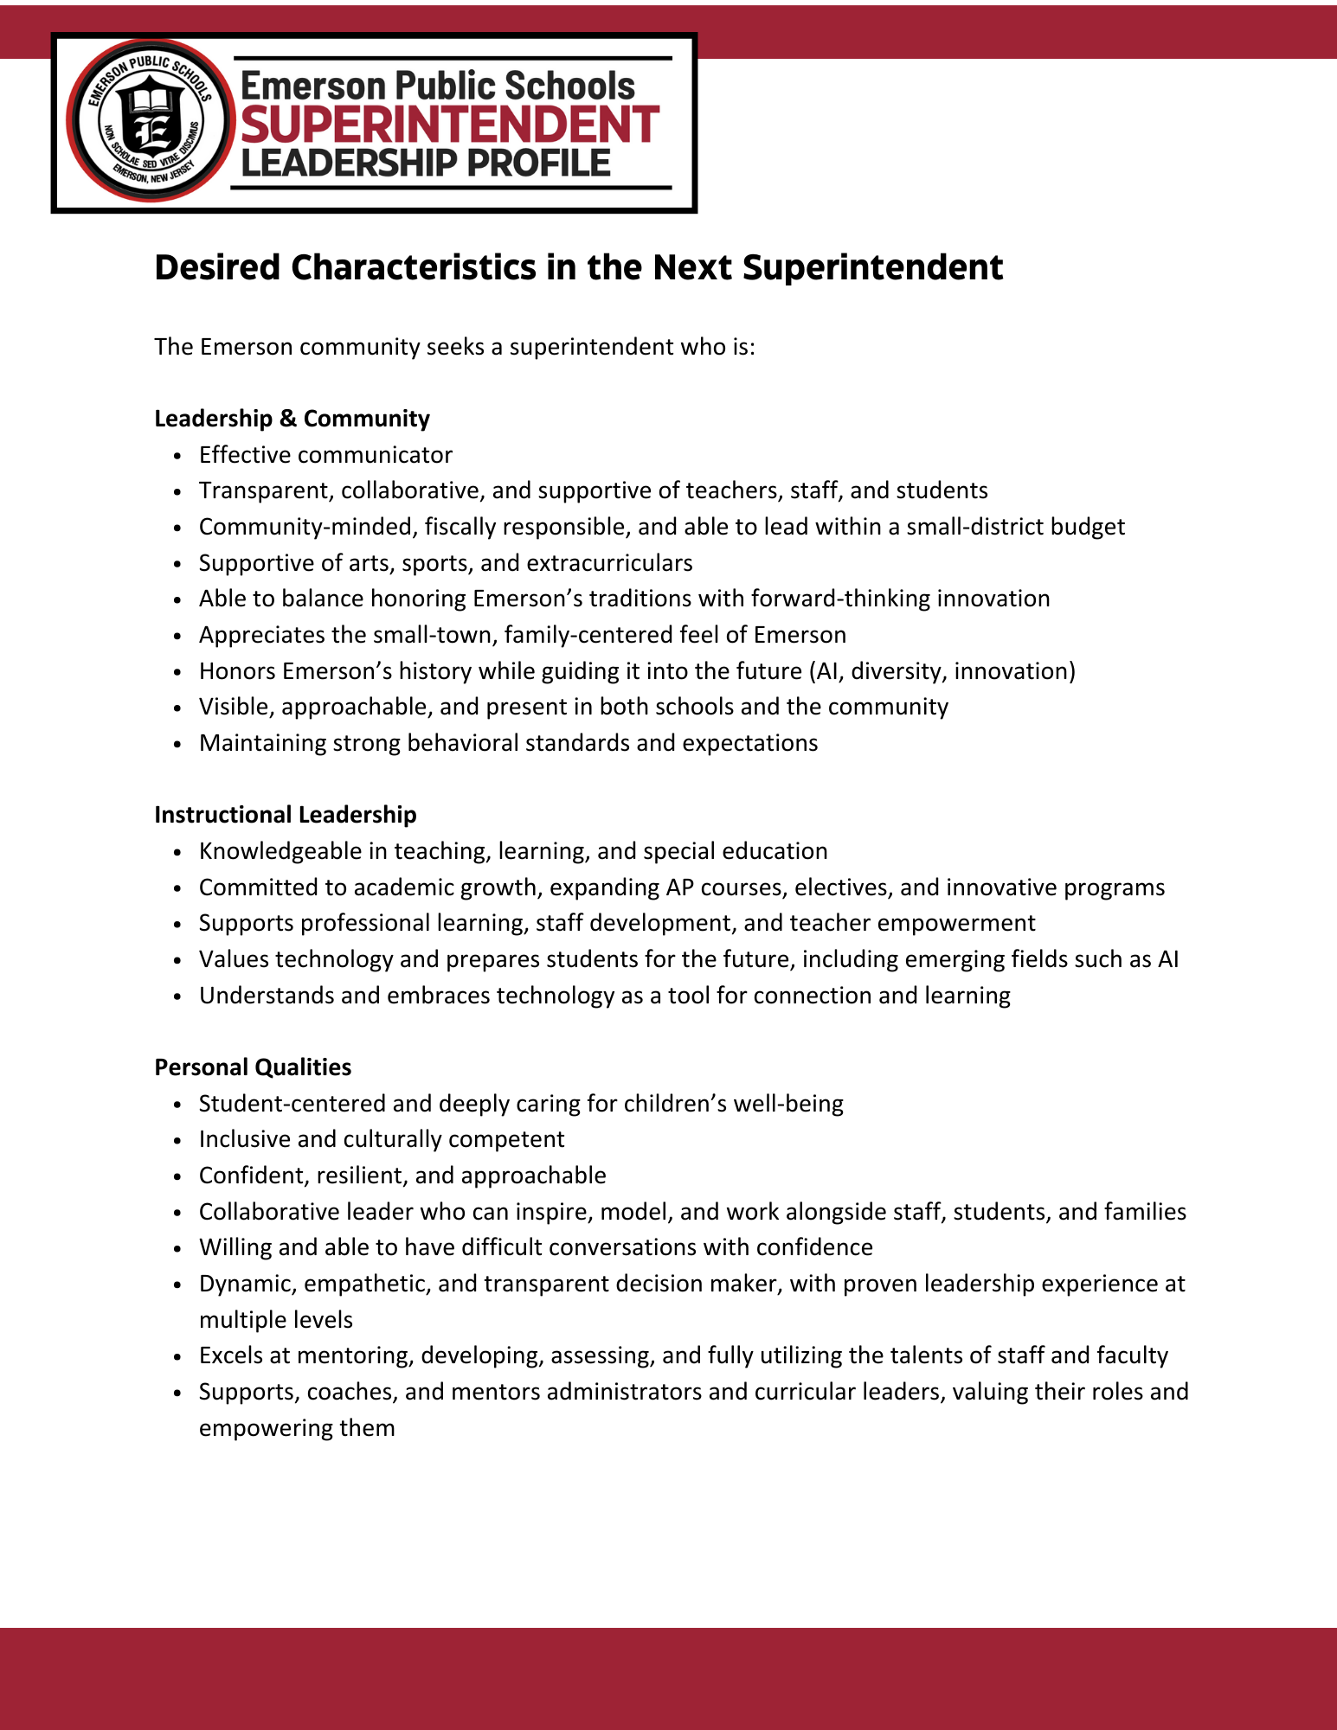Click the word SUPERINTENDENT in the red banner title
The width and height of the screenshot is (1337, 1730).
pyautogui.click(x=450, y=124)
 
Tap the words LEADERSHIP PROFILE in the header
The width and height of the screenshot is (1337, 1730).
pyautogui.click(x=426, y=163)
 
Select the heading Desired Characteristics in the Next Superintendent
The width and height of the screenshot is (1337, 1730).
pyautogui.click(x=578, y=267)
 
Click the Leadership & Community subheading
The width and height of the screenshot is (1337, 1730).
pyautogui.click(x=292, y=419)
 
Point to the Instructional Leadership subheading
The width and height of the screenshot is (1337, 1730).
pyautogui.click(x=285, y=815)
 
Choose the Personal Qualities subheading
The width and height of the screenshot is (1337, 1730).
pyautogui.click(x=253, y=1067)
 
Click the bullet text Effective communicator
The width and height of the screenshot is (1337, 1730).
pyautogui.click(x=325, y=455)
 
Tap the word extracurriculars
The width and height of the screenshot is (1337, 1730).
pyautogui.click(x=609, y=563)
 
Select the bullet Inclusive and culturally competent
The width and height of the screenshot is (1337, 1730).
pyautogui.click(x=382, y=1139)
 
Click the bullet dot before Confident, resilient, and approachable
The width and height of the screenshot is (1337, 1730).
pyautogui.click(x=177, y=1176)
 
